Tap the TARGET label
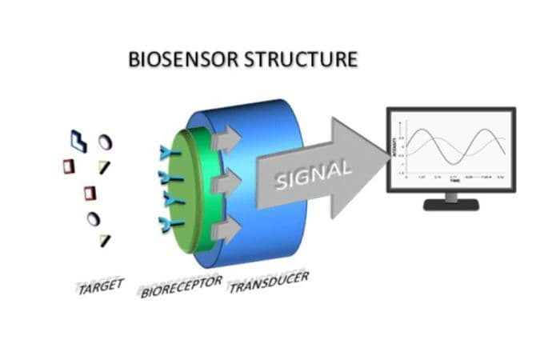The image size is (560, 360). (100, 286)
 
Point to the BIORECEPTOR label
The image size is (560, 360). (181, 286)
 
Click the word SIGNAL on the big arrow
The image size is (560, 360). (313, 175)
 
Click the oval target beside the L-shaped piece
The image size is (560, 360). (104, 142)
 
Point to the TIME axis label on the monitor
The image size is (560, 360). (454, 181)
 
